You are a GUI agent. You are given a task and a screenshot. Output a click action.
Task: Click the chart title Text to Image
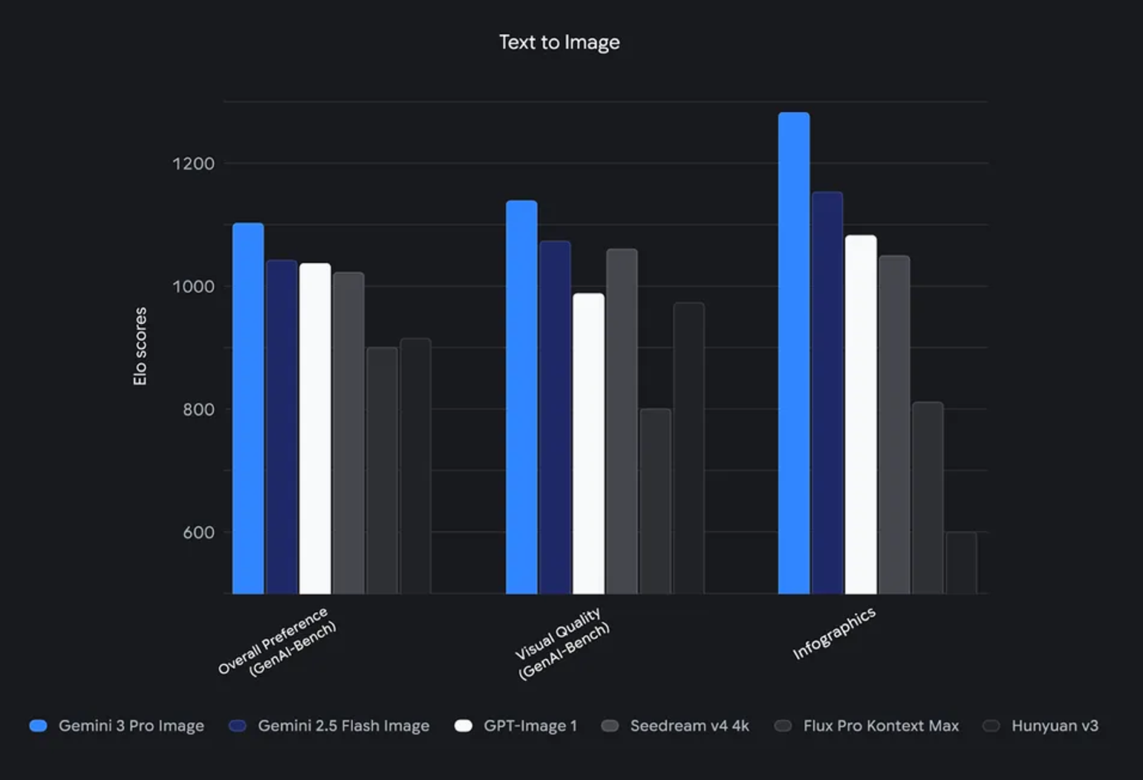click(x=559, y=42)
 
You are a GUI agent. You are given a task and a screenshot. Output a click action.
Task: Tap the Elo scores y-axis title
click(x=140, y=346)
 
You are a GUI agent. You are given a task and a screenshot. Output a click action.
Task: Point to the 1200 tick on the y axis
click(x=193, y=163)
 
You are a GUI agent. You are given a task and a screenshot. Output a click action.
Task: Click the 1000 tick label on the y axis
click(x=193, y=287)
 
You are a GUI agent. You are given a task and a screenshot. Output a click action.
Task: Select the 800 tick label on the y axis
click(x=198, y=409)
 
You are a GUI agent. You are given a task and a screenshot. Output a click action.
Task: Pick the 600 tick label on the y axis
click(x=198, y=533)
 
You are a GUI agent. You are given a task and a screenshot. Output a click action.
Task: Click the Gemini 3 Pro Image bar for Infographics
click(x=794, y=353)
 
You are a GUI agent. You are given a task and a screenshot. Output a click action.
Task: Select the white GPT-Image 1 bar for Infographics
click(x=861, y=415)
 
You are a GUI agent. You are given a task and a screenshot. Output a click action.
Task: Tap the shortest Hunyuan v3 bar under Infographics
click(x=961, y=562)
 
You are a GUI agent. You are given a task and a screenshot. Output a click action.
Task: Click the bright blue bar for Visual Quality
click(x=521, y=397)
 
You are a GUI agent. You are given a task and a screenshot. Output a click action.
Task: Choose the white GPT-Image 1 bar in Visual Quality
click(x=588, y=443)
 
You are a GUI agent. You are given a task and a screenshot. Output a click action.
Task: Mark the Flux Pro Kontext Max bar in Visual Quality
click(x=655, y=501)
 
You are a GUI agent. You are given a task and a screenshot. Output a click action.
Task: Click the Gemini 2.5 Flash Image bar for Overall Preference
click(x=281, y=427)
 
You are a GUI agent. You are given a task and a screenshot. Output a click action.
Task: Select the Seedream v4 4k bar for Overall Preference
click(x=348, y=433)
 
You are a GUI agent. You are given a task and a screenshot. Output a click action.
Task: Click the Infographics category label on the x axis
click(x=833, y=634)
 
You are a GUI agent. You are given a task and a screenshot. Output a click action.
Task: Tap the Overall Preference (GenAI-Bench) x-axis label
click(x=277, y=642)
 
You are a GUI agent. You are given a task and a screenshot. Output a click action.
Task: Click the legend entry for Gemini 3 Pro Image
click(x=117, y=726)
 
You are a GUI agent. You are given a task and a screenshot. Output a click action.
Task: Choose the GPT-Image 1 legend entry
click(x=515, y=726)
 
